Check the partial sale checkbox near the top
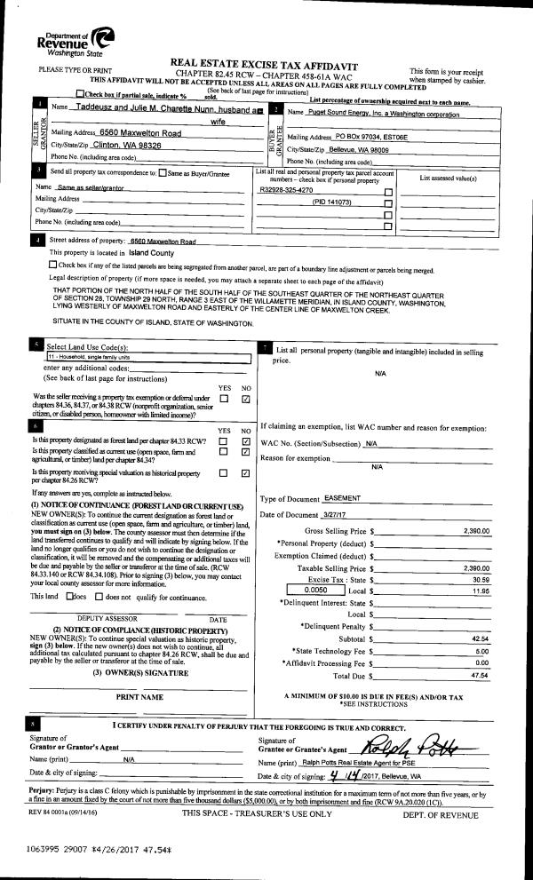click(82, 93)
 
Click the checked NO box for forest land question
click(246, 441)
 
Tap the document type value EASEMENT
click(341, 498)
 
